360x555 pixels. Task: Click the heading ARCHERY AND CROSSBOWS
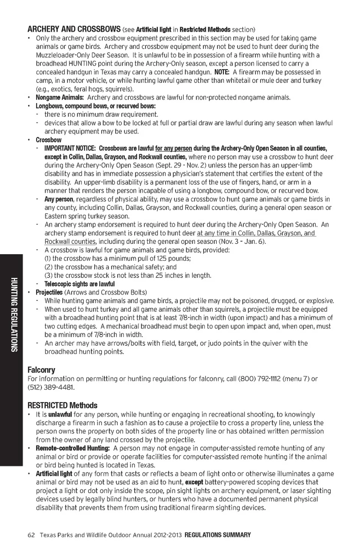(x=74, y=29)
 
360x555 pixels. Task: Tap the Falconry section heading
(x=41, y=370)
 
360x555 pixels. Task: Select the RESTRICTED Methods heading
(x=62, y=405)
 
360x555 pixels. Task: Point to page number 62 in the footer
(x=31, y=535)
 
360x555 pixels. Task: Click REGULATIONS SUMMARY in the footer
(x=217, y=535)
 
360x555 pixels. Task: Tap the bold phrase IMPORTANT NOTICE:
(x=70, y=148)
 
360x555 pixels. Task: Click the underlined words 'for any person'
(x=173, y=148)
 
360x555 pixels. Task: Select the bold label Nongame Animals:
(x=60, y=97)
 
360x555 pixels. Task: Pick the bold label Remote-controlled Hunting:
(x=73, y=448)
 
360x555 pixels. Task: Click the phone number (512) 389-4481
(x=50, y=387)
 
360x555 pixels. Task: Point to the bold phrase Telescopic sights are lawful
(x=79, y=284)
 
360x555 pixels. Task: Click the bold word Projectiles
(x=49, y=292)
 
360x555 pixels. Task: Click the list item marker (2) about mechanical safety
(x=48, y=267)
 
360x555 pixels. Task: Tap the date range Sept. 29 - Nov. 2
(x=181, y=165)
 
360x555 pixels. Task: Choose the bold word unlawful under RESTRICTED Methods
(x=60, y=414)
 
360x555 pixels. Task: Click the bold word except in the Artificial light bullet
(x=194, y=482)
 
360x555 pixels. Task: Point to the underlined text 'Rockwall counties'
(x=70, y=241)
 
